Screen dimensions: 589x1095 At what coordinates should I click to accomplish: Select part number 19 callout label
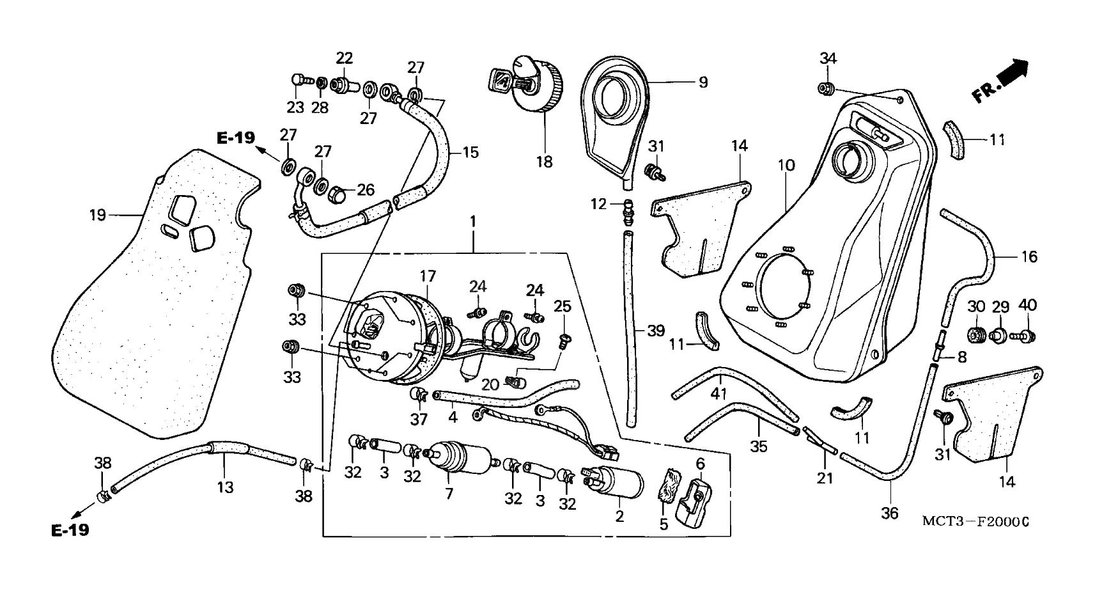[x=97, y=215]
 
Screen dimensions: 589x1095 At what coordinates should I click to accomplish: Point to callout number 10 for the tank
[x=786, y=165]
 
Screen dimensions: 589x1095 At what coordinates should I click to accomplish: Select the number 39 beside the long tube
[x=655, y=331]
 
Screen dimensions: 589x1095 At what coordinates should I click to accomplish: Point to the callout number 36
[x=890, y=512]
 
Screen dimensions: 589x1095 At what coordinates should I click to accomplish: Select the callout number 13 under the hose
[x=225, y=487]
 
